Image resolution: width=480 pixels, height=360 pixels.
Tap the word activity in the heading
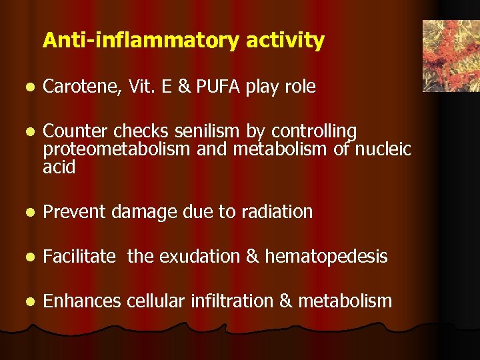(x=285, y=41)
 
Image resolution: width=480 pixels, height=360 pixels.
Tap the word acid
(x=59, y=167)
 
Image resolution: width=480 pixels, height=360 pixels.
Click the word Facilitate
(x=79, y=257)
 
